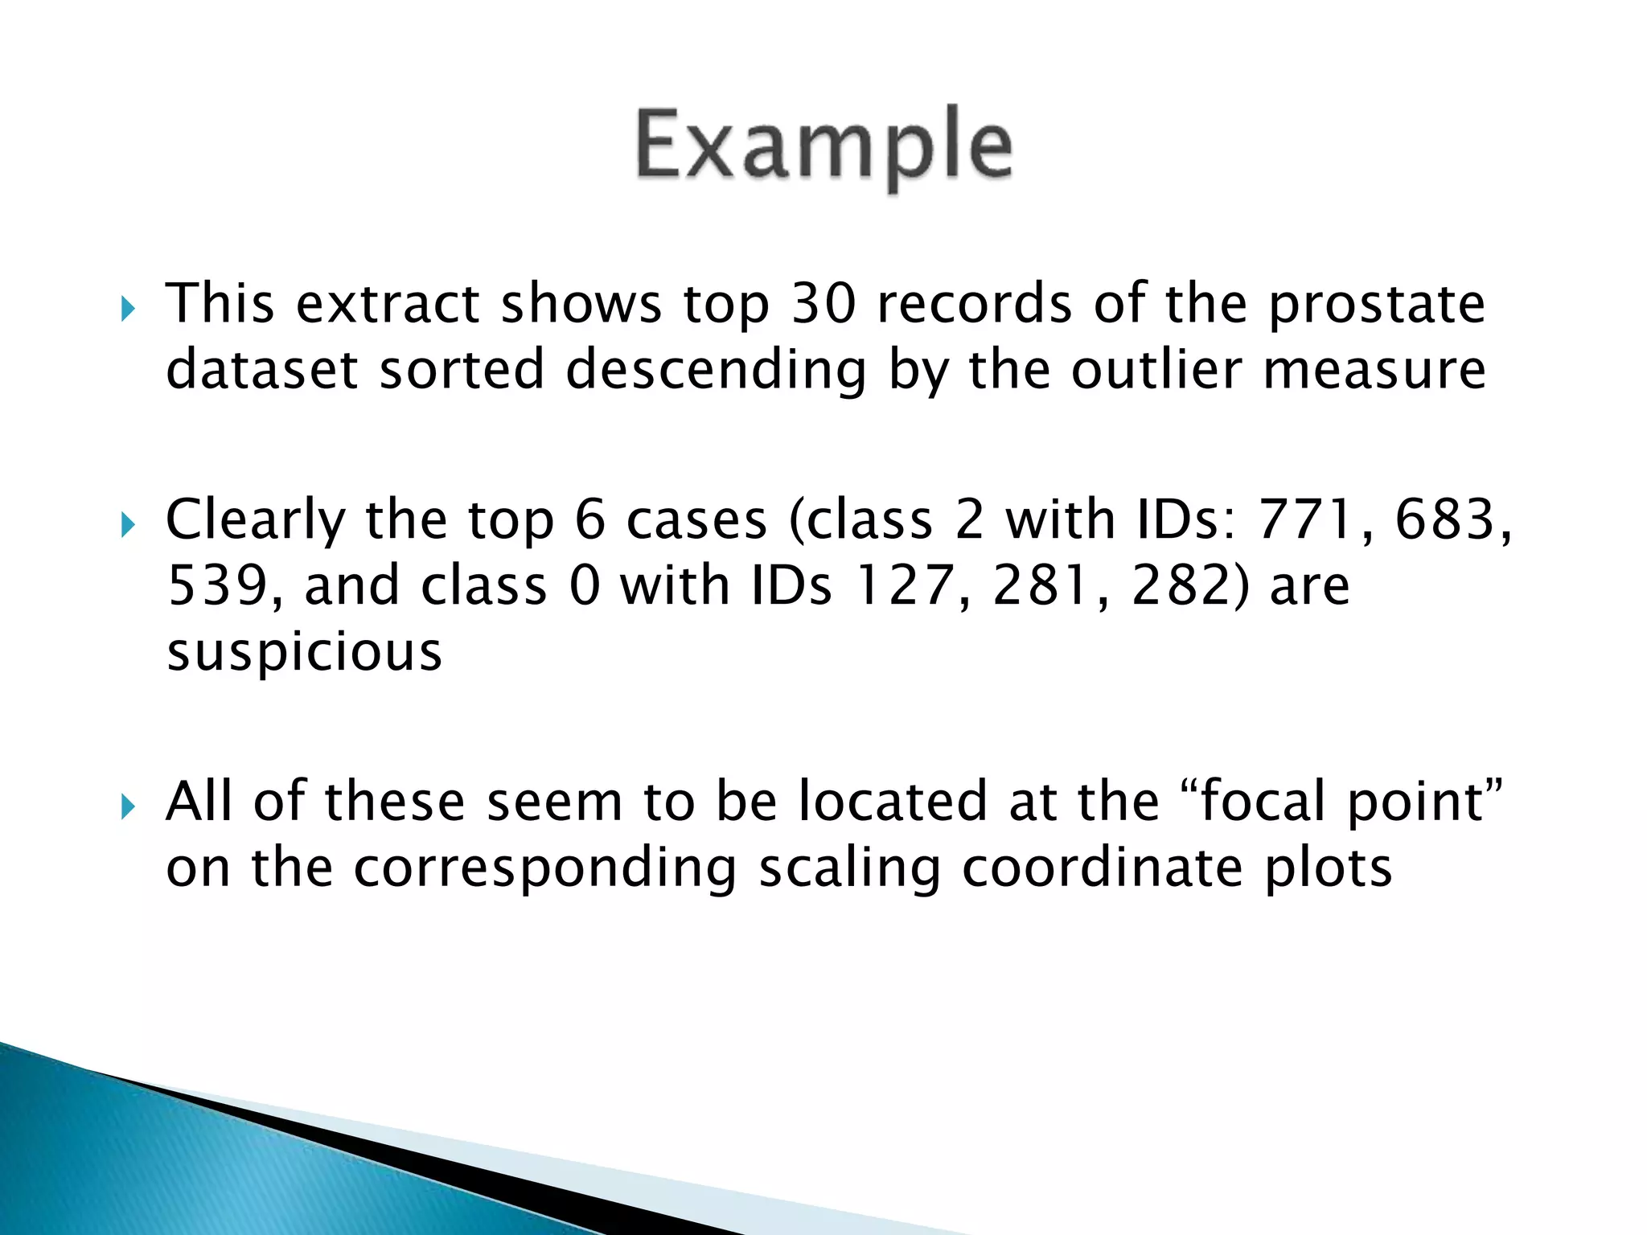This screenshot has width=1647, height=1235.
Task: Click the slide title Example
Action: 823,147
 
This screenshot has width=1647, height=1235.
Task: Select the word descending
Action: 716,371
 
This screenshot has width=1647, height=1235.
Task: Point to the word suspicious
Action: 304,652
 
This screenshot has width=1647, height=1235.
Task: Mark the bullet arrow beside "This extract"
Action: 128,309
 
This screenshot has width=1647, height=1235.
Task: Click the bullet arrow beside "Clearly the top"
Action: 128,526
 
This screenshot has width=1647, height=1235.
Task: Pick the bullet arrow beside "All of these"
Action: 128,806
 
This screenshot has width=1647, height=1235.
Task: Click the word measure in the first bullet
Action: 1374,371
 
